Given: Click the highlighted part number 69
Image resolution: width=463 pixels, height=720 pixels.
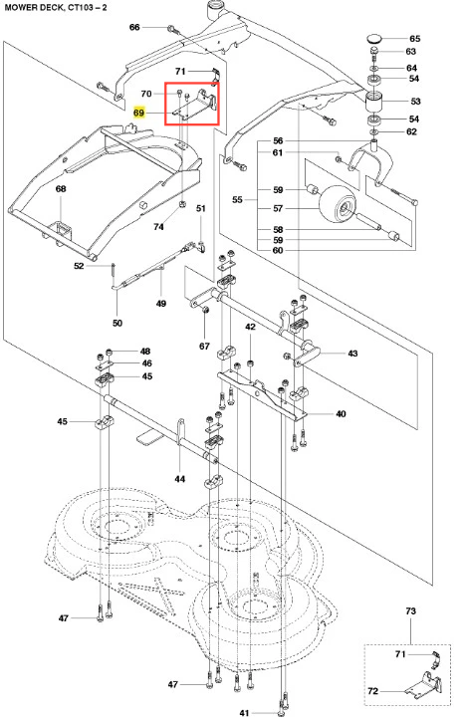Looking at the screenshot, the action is pyautogui.click(x=138, y=113).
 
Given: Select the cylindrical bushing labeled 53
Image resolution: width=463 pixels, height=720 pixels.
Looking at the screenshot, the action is pyautogui.click(x=374, y=102).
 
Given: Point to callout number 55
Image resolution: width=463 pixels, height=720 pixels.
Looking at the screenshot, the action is pyautogui.click(x=237, y=200).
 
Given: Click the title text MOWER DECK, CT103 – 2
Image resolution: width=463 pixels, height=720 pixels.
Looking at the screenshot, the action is pyautogui.click(x=56, y=7).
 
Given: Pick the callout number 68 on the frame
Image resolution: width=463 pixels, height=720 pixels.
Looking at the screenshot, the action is pyautogui.click(x=61, y=189).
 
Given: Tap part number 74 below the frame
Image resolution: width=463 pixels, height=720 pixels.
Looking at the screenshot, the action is pyautogui.click(x=158, y=227).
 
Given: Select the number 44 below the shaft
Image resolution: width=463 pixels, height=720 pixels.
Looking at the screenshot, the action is pyautogui.click(x=180, y=479).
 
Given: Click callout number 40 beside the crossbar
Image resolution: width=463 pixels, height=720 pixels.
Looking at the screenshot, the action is pyautogui.click(x=341, y=413).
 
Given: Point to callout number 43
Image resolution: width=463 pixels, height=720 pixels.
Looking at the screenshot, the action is pyautogui.click(x=352, y=354).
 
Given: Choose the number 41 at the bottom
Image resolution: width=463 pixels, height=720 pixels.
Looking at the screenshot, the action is pyautogui.click(x=244, y=713).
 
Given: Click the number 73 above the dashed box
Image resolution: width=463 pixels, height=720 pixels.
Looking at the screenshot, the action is pyautogui.click(x=410, y=610).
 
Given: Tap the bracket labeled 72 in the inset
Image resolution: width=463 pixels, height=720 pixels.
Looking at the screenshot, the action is pyautogui.click(x=422, y=686).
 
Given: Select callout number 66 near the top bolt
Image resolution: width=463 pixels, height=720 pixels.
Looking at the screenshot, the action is pyautogui.click(x=134, y=27).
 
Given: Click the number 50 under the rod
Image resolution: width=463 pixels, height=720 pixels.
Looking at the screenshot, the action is pyautogui.click(x=117, y=323).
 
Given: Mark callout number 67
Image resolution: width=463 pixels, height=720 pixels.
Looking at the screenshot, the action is pyautogui.click(x=204, y=347).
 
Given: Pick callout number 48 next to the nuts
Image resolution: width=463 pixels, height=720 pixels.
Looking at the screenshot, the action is pyautogui.click(x=145, y=352).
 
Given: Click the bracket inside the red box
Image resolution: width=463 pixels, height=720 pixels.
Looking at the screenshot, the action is pyautogui.click(x=195, y=105).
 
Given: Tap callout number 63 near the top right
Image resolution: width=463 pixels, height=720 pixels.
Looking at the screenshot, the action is pyautogui.click(x=410, y=51).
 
